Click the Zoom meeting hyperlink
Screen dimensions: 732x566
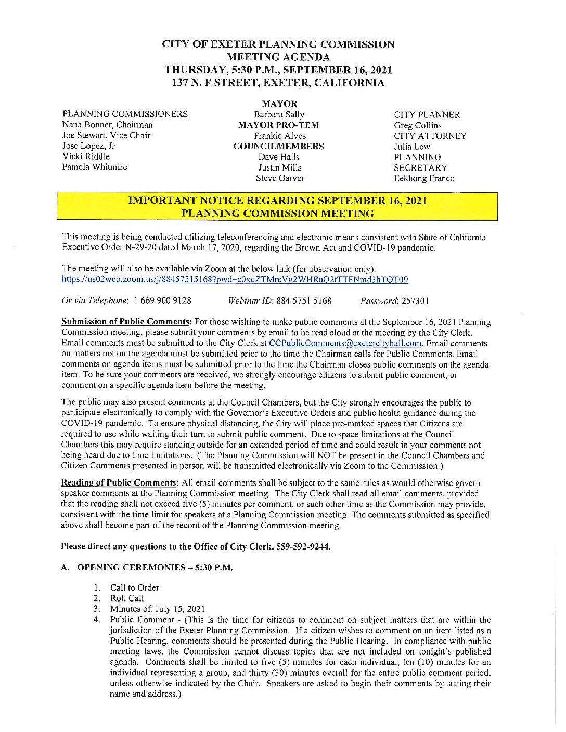235,280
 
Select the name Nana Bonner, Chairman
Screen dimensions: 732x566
108,125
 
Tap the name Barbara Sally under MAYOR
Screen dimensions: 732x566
279,114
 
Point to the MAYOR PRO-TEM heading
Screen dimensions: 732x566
278,125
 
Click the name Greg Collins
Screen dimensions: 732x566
418,125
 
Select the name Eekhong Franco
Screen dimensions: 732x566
424,178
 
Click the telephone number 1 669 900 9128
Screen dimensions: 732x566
162,300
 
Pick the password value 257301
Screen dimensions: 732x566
415,300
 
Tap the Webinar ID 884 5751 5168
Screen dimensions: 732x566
304,300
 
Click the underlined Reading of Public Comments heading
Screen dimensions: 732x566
120,483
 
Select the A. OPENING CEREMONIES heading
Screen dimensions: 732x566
147,567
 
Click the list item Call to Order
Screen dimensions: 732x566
134,587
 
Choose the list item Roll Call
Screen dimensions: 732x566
127,598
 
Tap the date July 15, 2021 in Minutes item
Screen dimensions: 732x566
180,609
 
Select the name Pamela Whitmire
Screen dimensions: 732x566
95,167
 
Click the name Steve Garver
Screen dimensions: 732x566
280,178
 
